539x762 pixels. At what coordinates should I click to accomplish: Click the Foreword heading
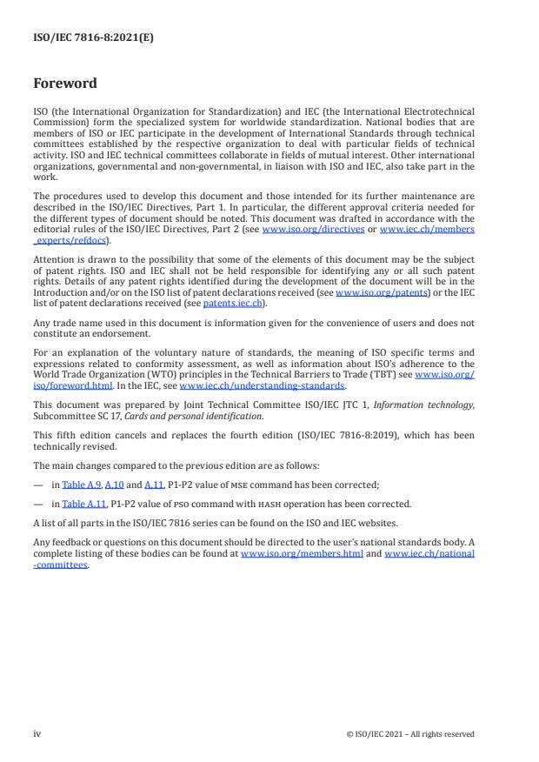tap(64, 84)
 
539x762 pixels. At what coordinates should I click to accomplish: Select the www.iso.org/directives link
tap(300, 229)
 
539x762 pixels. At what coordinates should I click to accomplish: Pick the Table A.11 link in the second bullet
tap(79, 504)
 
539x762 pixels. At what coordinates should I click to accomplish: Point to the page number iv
tap(37, 733)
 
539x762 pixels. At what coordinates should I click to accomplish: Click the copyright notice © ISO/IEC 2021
tap(409, 733)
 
